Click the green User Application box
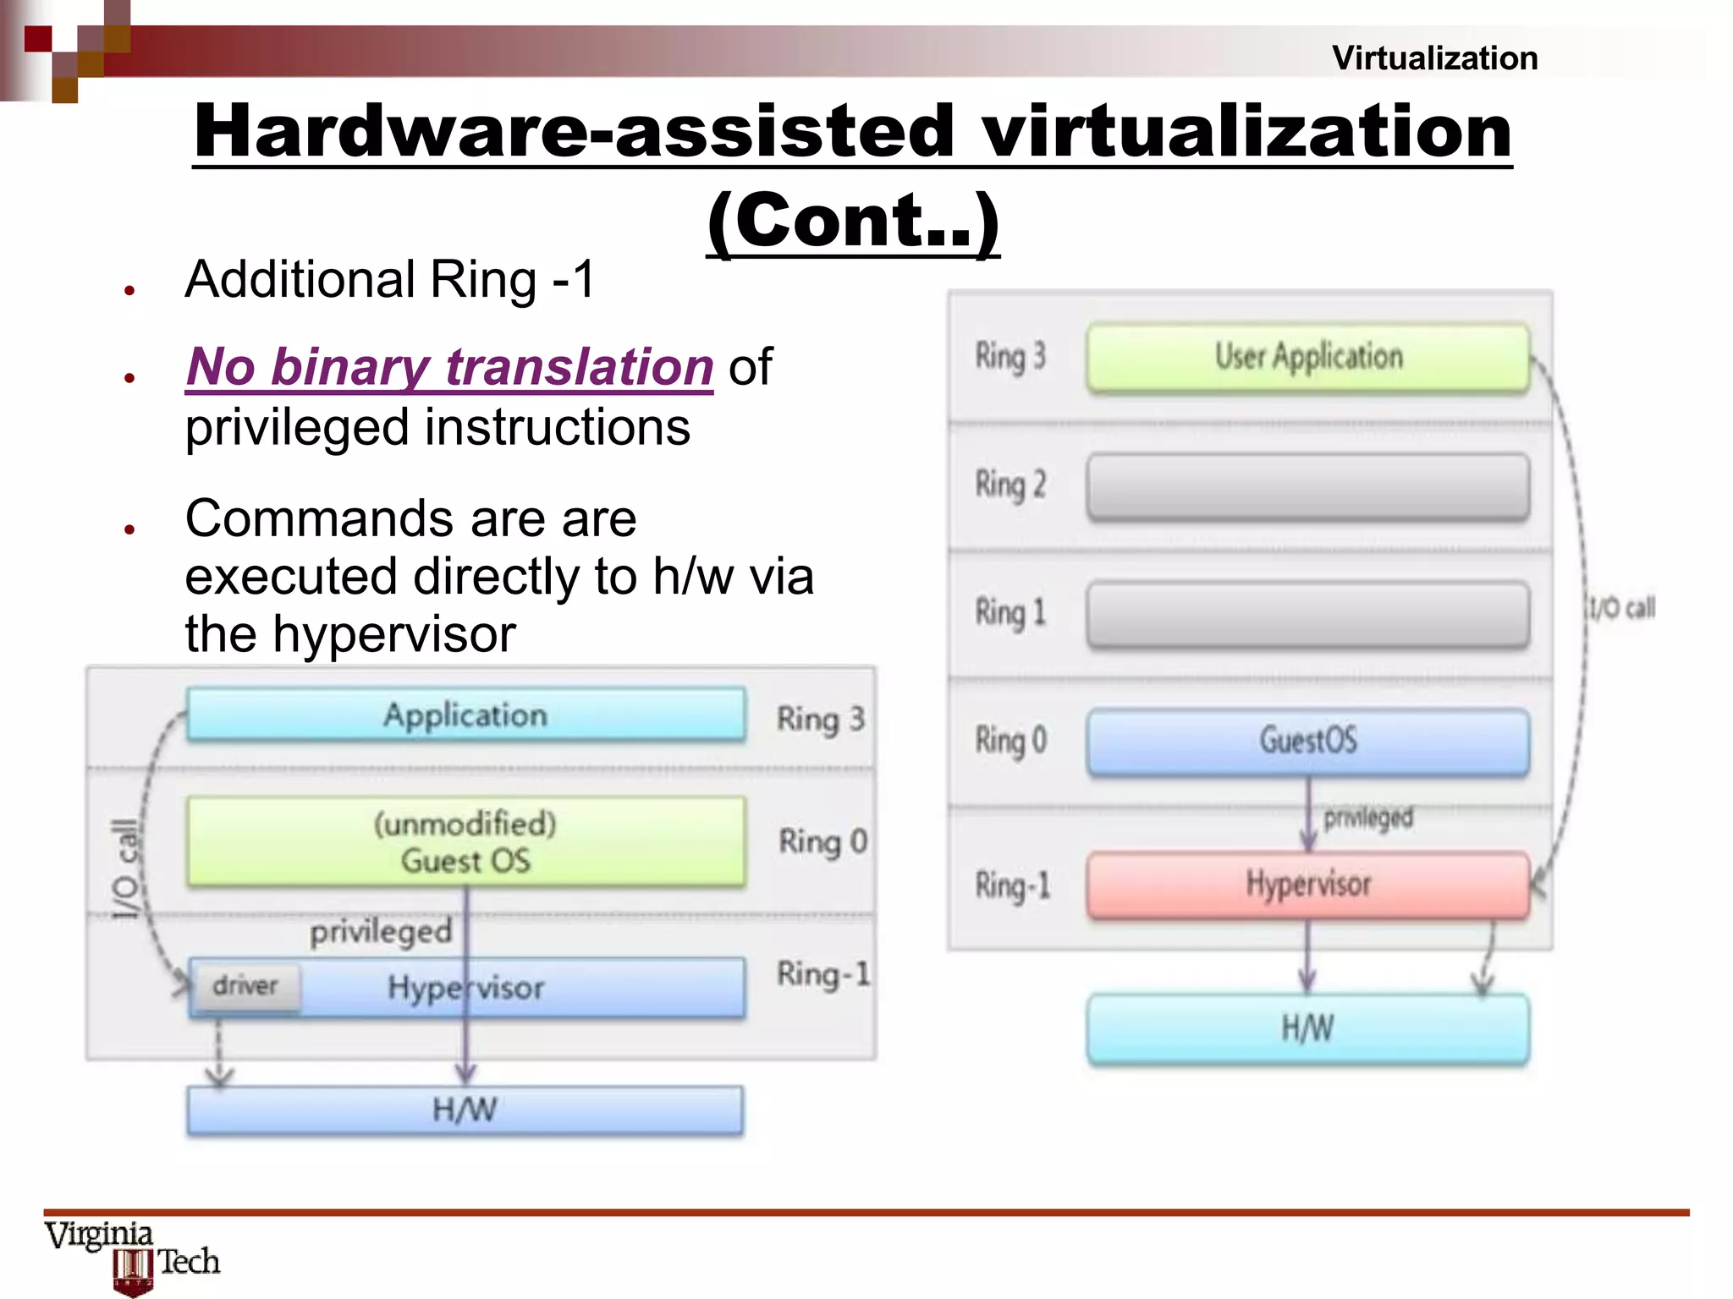[x=1308, y=358]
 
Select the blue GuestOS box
[x=1308, y=741]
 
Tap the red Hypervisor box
[x=1308, y=885]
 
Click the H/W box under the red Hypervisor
[x=1308, y=1029]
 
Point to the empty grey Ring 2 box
[x=1308, y=486]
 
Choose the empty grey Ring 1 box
[x=1308, y=614]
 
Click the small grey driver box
[x=245, y=986]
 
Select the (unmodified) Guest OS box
[x=466, y=842]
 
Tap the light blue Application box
[x=466, y=715]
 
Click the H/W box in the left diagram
[x=465, y=1110]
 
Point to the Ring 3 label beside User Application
[x=1010, y=357]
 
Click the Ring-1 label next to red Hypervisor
[x=1012, y=885]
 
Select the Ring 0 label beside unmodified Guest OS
[x=822, y=842]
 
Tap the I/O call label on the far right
[x=1620, y=607]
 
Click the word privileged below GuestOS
[x=1368, y=818]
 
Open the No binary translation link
[x=449, y=367]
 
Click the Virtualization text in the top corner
[x=1434, y=58]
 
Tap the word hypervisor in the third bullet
[x=393, y=634]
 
